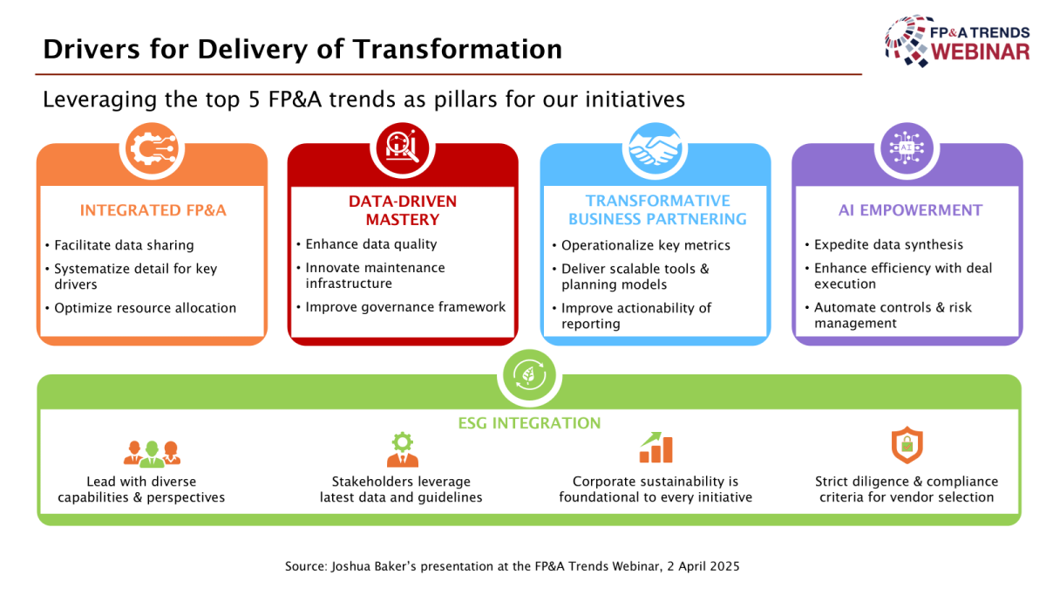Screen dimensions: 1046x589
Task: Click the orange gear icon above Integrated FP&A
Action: point(153,149)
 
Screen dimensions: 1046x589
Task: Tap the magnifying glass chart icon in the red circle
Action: point(403,148)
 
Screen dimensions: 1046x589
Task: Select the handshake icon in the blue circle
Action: point(655,149)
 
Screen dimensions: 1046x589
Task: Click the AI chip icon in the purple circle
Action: point(907,148)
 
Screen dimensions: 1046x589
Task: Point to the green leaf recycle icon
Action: point(529,375)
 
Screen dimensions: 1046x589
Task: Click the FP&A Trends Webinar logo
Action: point(957,41)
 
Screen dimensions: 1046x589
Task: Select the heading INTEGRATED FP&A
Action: point(153,210)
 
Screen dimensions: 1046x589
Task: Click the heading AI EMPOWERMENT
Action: point(911,210)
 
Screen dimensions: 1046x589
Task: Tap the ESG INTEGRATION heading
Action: point(529,423)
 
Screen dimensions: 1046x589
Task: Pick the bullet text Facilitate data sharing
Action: point(124,245)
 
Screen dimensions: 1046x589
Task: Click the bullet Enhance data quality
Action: point(371,244)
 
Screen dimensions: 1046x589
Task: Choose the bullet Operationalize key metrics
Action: point(645,245)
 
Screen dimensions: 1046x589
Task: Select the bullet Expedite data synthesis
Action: point(888,244)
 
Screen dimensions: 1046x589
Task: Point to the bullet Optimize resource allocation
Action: point(146,308)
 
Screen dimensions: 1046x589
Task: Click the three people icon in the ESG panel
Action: point(152,454)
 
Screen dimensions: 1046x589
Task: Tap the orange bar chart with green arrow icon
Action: point(656,448)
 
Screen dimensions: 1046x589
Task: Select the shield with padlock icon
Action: point(907,444)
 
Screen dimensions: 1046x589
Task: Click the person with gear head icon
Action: point(403,449)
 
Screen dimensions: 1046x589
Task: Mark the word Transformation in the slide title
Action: point(458,49)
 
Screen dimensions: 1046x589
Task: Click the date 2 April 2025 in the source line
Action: point(703,566)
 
